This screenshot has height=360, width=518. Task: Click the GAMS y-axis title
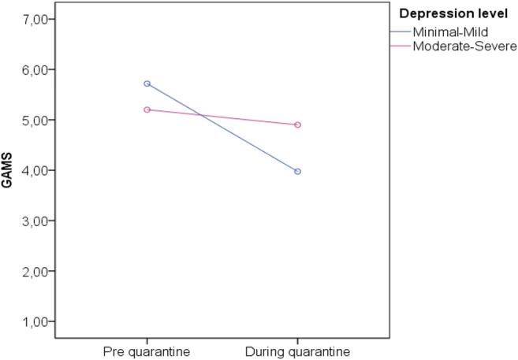[7, 173]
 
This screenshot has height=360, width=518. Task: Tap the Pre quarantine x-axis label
[147, 351]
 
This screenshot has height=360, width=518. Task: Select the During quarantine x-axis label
[298, 351]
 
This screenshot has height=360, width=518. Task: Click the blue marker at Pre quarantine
[147, 84]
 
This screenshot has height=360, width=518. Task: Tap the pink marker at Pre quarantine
[147, 109]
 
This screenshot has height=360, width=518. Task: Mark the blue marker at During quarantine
[298, 171]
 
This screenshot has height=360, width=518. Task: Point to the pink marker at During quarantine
[298, 124]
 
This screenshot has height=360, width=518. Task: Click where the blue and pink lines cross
[203, 117]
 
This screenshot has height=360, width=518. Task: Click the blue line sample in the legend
[401, 32]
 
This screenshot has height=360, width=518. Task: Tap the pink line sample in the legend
[401, 46]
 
